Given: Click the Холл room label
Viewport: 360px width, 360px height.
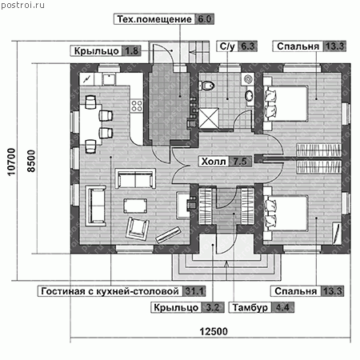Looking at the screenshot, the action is pos(214,162).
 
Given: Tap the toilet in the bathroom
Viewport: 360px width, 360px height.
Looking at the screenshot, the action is pos(206,86).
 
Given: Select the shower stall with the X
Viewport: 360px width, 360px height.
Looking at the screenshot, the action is pos(209,118).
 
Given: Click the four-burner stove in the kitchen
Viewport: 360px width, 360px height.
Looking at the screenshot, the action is pos(137,106).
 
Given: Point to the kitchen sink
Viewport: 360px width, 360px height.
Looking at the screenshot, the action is pos(109,78).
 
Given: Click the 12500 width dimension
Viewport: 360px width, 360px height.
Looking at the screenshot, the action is pos(214,331).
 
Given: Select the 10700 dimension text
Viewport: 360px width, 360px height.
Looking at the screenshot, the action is pos(11,162).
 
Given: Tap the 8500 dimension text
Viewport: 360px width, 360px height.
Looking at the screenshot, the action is pos(31,162).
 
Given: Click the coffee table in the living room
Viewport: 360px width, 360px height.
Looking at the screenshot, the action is pos(135,206).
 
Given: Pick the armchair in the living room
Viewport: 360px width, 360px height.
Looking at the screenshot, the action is pos(137,228).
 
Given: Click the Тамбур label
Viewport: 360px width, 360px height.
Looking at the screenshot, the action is pos(250,307).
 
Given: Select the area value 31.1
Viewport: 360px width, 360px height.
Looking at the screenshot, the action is pos(194,291).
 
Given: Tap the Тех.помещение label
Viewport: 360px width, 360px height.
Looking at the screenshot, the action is pos(154,19).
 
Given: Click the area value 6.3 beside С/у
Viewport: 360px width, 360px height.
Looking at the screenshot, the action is pos(247,46).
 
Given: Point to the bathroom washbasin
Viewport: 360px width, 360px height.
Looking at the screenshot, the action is pos(250,95).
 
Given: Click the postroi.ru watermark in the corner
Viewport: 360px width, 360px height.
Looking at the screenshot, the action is pos(22,5).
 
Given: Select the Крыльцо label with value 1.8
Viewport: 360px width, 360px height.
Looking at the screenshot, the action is pos(104,50).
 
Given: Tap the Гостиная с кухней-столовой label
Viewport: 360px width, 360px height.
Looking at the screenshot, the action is pos(110,291).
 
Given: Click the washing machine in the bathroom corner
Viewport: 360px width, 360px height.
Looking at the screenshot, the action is pos(248,79).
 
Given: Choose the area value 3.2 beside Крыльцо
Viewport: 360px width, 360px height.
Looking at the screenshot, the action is pos(213,307).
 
